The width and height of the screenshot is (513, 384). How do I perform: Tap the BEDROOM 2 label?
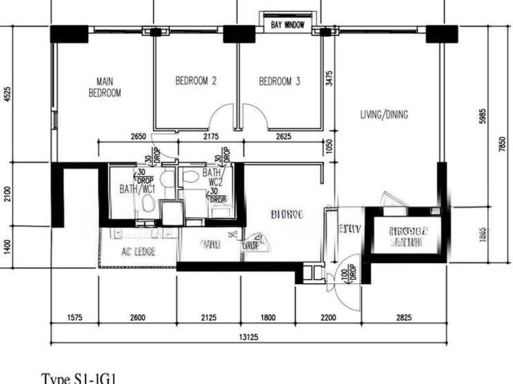(196, 81)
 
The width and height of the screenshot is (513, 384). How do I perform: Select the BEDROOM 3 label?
(280, 81)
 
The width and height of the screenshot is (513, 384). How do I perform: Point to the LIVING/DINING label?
(384, 114)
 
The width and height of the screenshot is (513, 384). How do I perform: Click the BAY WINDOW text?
(288, 26)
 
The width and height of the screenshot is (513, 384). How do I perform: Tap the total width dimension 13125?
(249, 336)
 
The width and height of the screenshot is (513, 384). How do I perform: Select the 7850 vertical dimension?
(502, 144)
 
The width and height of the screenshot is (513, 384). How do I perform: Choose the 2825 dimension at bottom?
(403, 318)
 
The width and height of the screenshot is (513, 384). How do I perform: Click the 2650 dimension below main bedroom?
(138, 137)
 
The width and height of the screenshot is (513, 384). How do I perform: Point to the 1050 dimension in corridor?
(329, 145)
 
